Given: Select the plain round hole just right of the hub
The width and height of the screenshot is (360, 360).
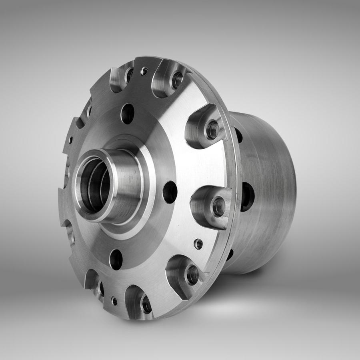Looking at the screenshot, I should click(x=170, y=192).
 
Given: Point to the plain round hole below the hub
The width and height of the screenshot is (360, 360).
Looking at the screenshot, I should click(x=116, y=259).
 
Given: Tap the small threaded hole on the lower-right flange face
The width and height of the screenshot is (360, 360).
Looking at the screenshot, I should click(x=198, y=244).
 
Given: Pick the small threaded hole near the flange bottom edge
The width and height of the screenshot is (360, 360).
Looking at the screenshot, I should click(x=114, y=301).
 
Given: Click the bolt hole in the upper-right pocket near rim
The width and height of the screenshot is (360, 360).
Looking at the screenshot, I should click(x=212, y=129).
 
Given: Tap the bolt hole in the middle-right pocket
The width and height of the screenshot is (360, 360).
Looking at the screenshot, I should click(x=218, y=206).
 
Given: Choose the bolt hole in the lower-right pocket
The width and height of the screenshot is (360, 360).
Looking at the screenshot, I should click(x=192, y=275).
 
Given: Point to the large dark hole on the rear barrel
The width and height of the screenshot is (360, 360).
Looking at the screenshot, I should click(x=247, y=196).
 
